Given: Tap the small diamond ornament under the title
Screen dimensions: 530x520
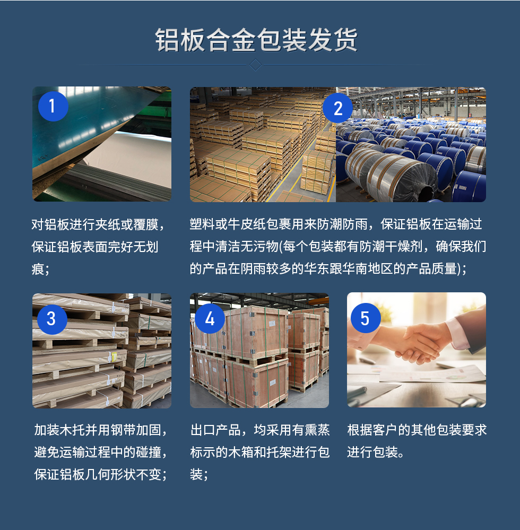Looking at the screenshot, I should (256, 65).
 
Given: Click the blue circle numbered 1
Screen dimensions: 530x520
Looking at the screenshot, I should (53, 106).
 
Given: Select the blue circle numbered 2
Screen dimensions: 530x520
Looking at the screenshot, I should (338, 109).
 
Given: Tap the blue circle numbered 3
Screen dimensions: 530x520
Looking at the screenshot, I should (51, 318).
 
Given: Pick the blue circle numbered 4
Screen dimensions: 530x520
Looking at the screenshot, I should (210, 318).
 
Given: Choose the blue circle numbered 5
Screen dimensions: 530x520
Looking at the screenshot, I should (365, 318).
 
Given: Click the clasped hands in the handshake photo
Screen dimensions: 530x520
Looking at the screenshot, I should (419, 345).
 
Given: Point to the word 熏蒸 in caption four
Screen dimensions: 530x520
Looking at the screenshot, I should (316, 430).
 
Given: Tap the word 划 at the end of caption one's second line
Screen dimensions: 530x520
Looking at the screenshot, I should (152, 247).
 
